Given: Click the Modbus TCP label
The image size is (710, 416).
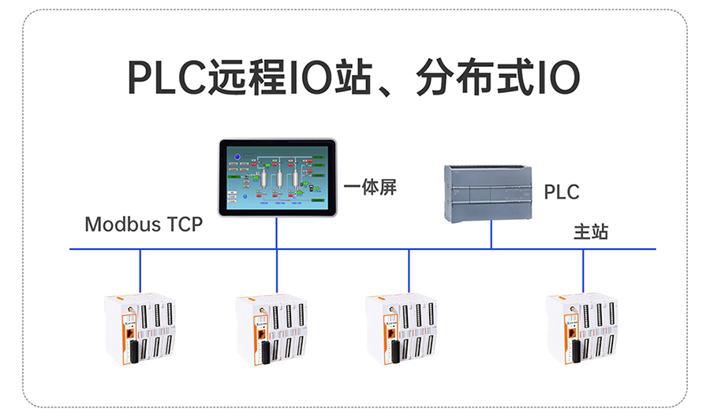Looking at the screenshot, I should point(144,224).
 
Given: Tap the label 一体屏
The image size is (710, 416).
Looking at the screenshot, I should point(370,188).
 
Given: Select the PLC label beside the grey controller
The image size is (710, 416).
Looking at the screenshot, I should point(562,191).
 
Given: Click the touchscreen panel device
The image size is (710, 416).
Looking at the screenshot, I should point(277,176).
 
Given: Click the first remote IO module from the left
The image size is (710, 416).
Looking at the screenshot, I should point(140,329).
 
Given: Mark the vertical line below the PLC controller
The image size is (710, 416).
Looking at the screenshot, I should point(491,235).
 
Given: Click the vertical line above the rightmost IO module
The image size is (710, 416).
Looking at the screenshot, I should point(583,270).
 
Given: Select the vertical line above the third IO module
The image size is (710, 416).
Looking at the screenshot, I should point(409,270).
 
